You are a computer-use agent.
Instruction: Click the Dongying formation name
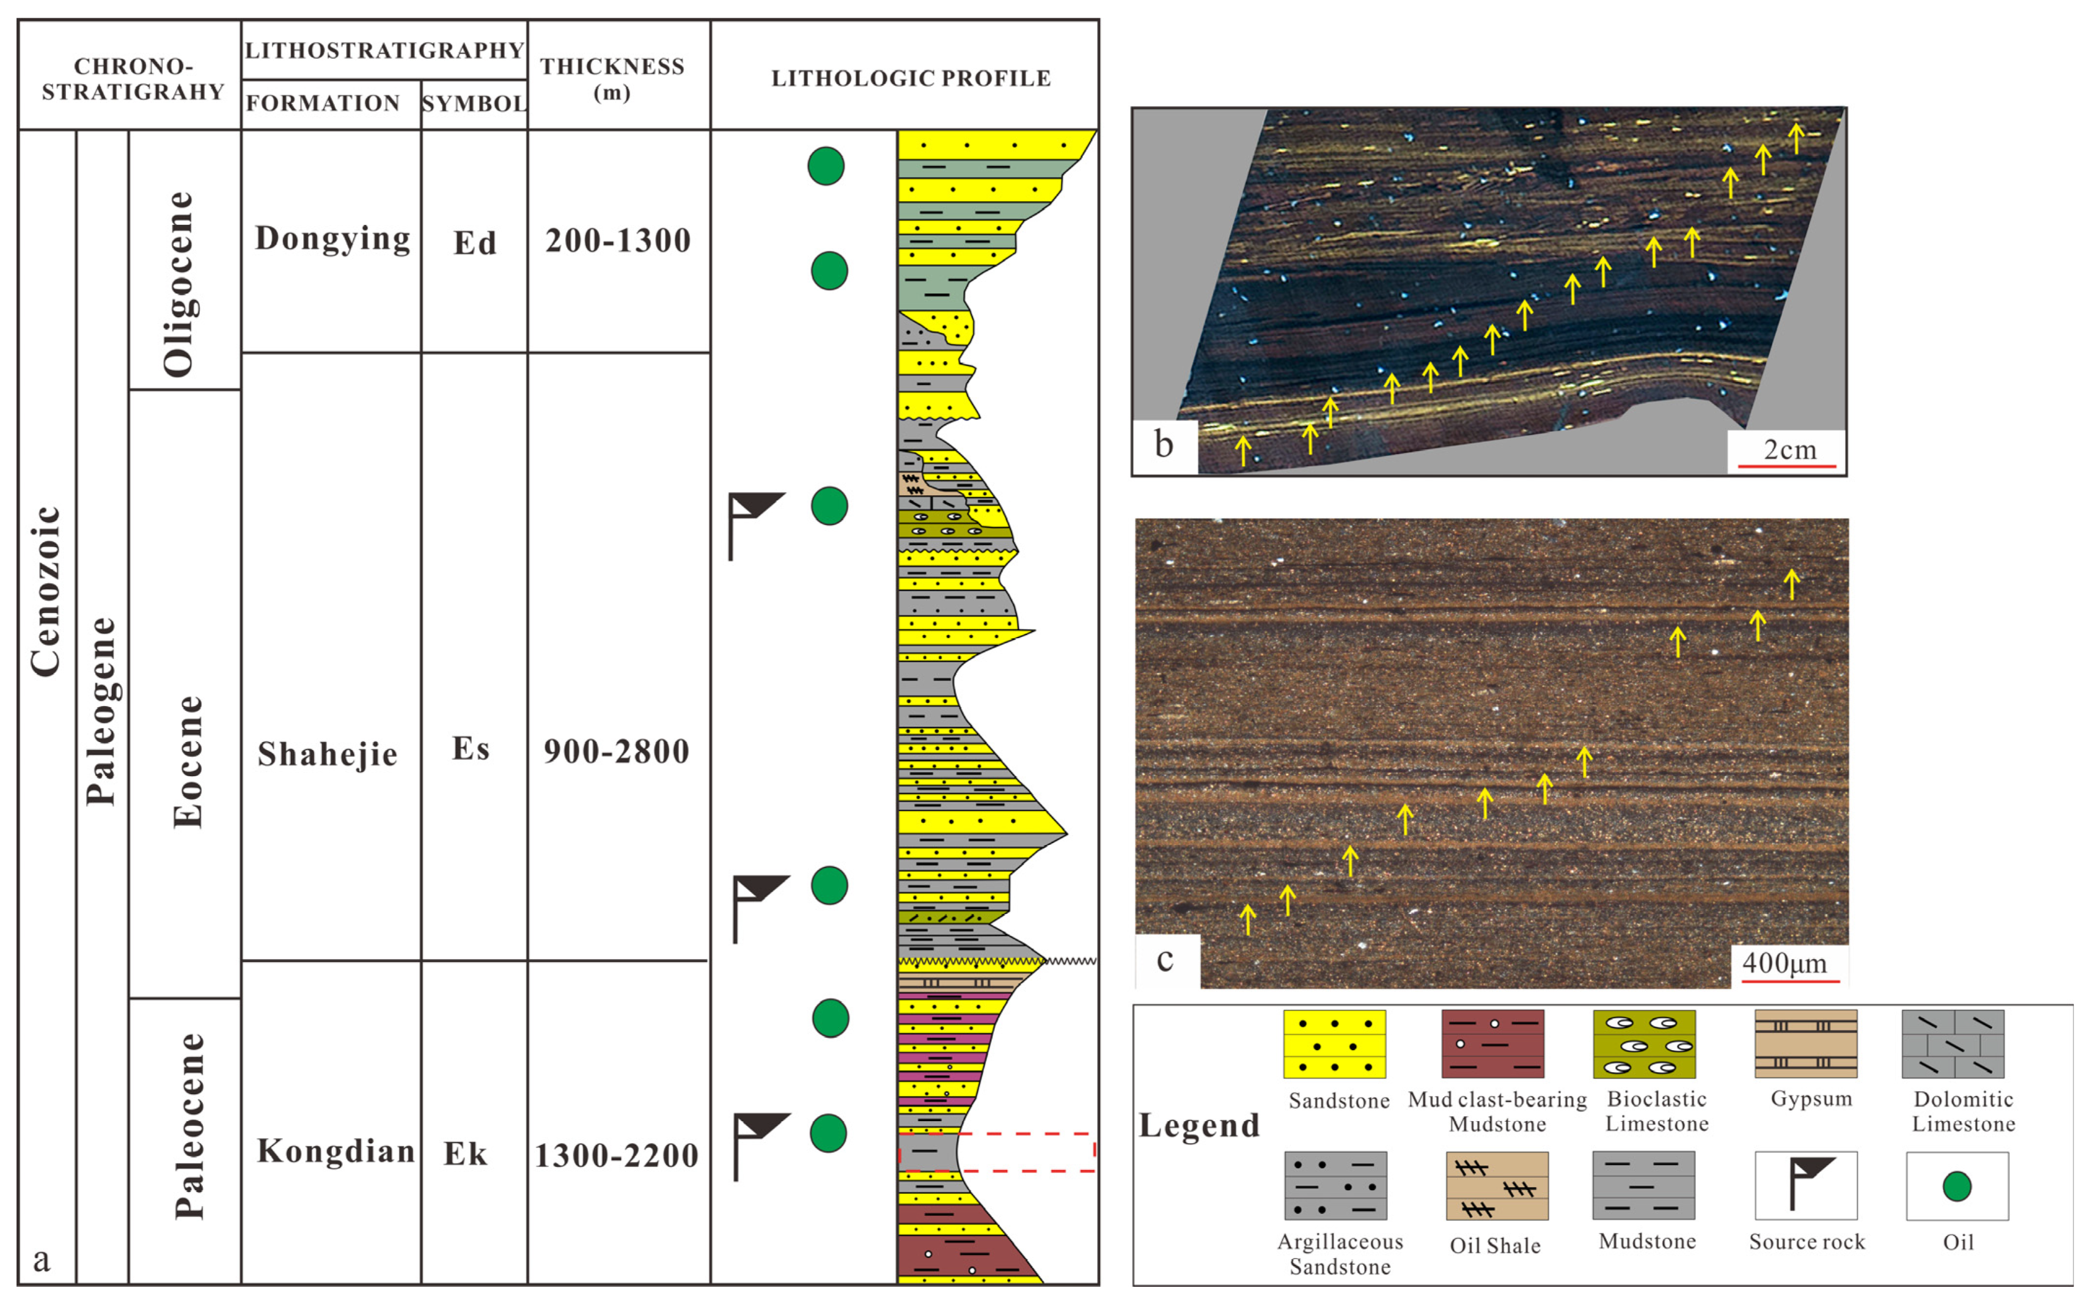point(332,238)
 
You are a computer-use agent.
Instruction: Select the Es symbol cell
point(471,748)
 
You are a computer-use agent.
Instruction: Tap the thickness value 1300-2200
point(617,1155)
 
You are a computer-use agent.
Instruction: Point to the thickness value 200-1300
point(618,240)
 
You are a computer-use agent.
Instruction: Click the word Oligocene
point(179,284)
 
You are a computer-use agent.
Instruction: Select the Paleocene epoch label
point(189,1127)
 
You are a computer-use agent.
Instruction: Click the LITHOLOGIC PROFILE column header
point(911,78)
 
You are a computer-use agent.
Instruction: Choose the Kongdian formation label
point(336,1150)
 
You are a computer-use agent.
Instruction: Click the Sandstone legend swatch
point(1334,1043)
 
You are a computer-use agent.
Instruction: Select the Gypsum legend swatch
point(1805,1043)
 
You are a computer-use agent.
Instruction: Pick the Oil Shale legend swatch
point(1497,1186)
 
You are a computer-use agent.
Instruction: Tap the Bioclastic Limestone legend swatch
point(1645,1043)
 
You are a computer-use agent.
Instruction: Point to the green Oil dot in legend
point(1957,1186)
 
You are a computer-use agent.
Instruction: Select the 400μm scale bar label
point(1785,963)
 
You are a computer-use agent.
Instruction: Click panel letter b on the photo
point(1164,445)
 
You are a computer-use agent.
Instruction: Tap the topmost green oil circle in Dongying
point(826,166)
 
